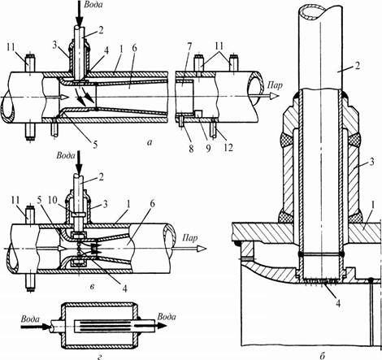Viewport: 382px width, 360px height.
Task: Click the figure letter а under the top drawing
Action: tap(149, 141)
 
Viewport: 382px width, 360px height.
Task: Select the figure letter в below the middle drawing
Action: tap(92, 287)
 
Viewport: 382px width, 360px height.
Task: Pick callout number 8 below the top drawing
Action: tap(191, 148)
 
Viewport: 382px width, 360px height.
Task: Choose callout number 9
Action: tap(208, 148)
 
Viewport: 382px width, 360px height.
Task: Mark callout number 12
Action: tap(228, 148)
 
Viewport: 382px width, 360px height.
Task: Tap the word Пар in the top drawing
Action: tap(275, 85)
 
